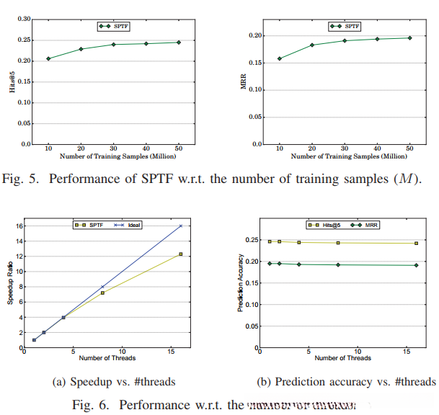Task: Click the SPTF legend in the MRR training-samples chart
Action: [345, 26]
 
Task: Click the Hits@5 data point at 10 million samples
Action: [48, 58]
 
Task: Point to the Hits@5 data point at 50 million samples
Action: [178, 43]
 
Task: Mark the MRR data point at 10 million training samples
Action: [280, 58]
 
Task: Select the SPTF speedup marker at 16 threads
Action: [181, 254]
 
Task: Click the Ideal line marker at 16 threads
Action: [181, 226]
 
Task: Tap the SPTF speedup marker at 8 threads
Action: [102, 293]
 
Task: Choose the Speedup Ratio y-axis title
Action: [10, 287]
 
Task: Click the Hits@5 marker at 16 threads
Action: [416, 243]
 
